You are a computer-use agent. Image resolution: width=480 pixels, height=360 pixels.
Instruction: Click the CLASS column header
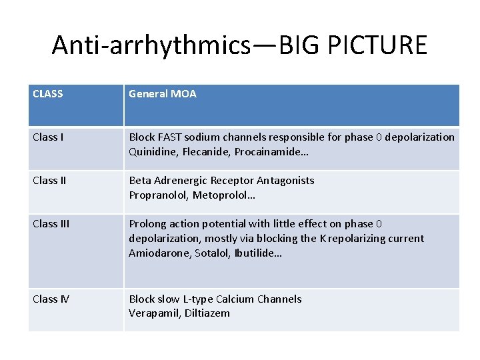pyautogui.click(x=48, y=94)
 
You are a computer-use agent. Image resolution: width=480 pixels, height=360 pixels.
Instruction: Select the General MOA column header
pyautogui.click(x=163, y=94)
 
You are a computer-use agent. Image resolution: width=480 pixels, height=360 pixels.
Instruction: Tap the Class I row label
pyautogui.click(x=47, y=137)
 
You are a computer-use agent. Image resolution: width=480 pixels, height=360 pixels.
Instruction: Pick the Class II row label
pyautogui.click(x=49, y=181)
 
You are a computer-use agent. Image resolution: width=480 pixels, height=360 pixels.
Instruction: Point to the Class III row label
pyautogui.click(x=51, y=224)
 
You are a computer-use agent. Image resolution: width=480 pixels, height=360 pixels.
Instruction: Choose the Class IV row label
pyautogui.click(x=51, y=299)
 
